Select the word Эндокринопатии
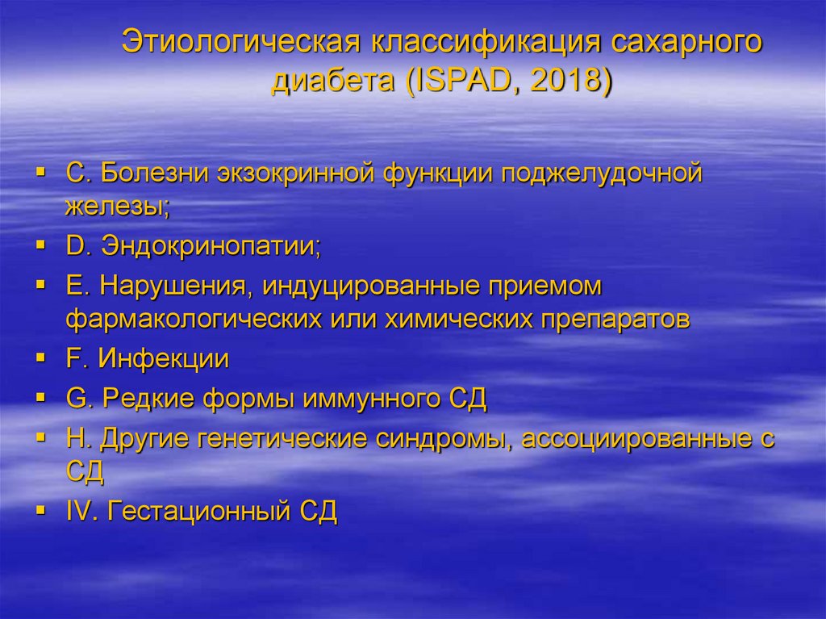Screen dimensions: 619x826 click(210, 247)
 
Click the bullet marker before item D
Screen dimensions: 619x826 click(40, 246)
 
